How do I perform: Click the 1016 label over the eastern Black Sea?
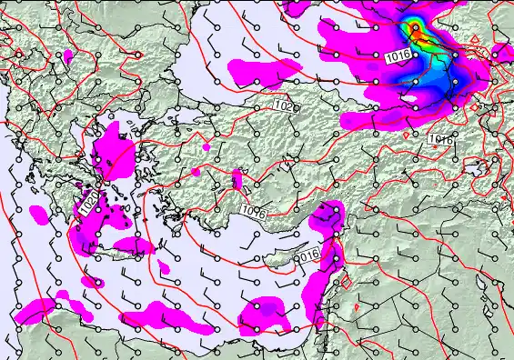(396, 57)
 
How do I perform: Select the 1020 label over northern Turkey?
(283, 106)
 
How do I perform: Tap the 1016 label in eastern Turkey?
(440, 139)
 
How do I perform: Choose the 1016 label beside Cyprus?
(309, 253)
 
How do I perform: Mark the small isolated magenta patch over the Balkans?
(68, 57)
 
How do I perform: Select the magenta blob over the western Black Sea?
(263, 68)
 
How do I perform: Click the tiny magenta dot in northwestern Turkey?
(207, 145)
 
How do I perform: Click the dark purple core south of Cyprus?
(271, 314)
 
